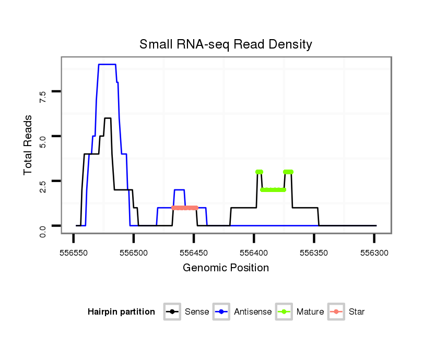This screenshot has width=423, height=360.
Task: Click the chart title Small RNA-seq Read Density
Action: coord(226,44)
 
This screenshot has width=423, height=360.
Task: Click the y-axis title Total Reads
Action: coord(28,145)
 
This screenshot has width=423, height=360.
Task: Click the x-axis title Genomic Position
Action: coord(226,268)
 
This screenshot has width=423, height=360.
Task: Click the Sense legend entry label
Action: coord(197,312)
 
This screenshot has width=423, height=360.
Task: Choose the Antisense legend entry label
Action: coord(253,312)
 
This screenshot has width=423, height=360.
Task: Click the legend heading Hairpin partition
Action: coord(121,312)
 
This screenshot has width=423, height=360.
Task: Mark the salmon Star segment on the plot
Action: coord(185,208)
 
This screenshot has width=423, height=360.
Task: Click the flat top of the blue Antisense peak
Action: coord(107,65)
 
